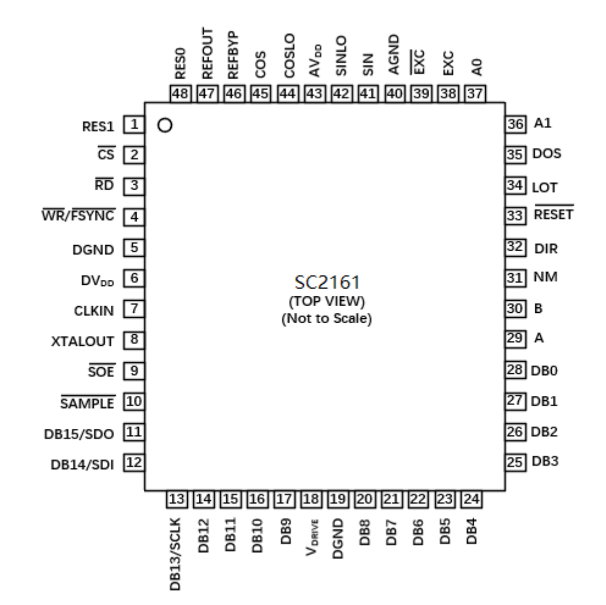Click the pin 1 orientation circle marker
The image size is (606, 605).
point(163,126)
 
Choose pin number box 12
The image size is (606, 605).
point(134,463)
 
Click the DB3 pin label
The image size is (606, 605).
point(544,462)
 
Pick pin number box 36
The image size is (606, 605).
point(515,124)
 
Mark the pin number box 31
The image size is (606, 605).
point(515,278)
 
